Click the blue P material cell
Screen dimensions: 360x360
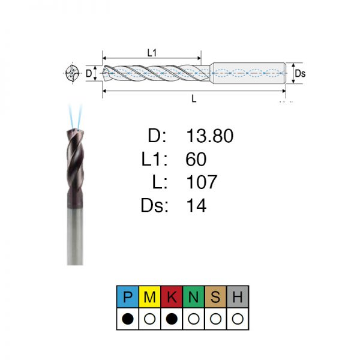pos(128,296)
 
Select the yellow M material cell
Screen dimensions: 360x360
pos(149,296)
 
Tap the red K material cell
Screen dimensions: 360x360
pos(172,296)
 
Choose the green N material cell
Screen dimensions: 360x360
pos(194,296)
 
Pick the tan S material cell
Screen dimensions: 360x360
pos(215,296)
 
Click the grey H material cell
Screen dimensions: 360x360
pos(238,296)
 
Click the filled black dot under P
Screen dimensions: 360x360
pos(128,319)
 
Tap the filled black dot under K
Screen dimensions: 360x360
pos(172,319)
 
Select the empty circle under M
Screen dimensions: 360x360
pos(149,319)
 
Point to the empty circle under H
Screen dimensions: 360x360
pos(238,319)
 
